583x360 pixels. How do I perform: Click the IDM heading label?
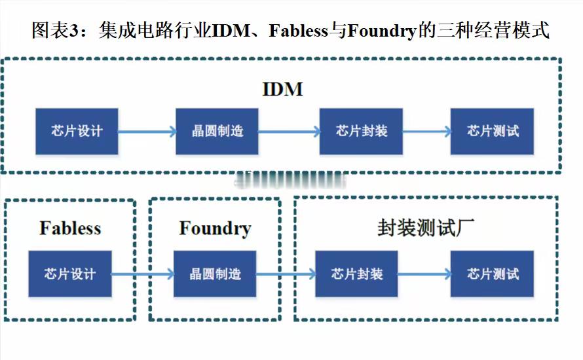click(x=282, y=90)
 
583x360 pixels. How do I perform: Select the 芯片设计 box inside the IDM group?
click(x=77, y=131)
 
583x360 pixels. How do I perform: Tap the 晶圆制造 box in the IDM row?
click(x=217, y=131)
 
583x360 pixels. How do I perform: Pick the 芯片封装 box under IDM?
click(x=361, y=131)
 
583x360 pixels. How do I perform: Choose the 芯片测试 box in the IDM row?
click(x=493, y=131)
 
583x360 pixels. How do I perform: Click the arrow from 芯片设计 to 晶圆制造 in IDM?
click(x=147, y=131)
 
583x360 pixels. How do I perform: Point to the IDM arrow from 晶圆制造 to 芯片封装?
click(x=290, y=131)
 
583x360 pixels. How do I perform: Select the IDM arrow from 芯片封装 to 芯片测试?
click(x=427, y=131)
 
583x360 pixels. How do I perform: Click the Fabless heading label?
click(x=70, y=228)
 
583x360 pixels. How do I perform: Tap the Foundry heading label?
click(x=216, y=229)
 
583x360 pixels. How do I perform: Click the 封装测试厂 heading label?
click(x=426, y=228)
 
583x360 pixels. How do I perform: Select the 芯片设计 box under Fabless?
click(x=70, y=274)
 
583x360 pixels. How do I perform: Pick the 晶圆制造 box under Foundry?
click(x=215, y=274)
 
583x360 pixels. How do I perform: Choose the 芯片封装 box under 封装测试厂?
click(x=356, y=274)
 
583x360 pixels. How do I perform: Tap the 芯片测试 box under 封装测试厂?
click(x=493, y=274)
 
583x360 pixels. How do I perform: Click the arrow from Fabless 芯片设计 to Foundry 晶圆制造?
click(x=143, y=274)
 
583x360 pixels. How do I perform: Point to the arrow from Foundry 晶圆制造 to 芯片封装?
click(x=286, y=274)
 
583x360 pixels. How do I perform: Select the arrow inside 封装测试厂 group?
click(x=424, y=274)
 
